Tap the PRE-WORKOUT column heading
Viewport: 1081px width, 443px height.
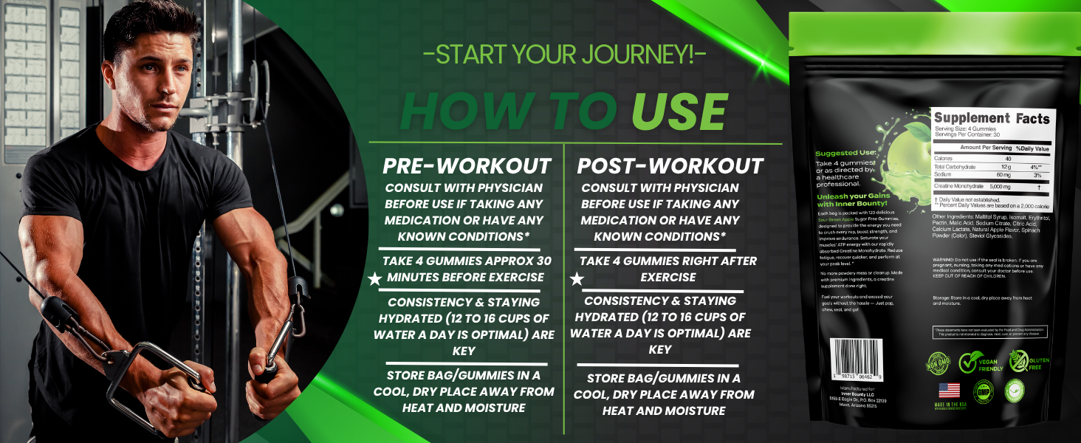pos(467,165)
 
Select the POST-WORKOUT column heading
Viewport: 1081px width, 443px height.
pos(670,165)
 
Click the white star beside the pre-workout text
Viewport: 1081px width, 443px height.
pos(375,279)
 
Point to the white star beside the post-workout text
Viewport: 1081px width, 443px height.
pos(577,279)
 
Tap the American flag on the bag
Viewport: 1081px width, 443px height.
pos(950,391)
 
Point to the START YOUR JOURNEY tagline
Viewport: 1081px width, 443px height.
pos(564,55)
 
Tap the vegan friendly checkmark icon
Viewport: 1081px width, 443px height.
pos(970,362)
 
